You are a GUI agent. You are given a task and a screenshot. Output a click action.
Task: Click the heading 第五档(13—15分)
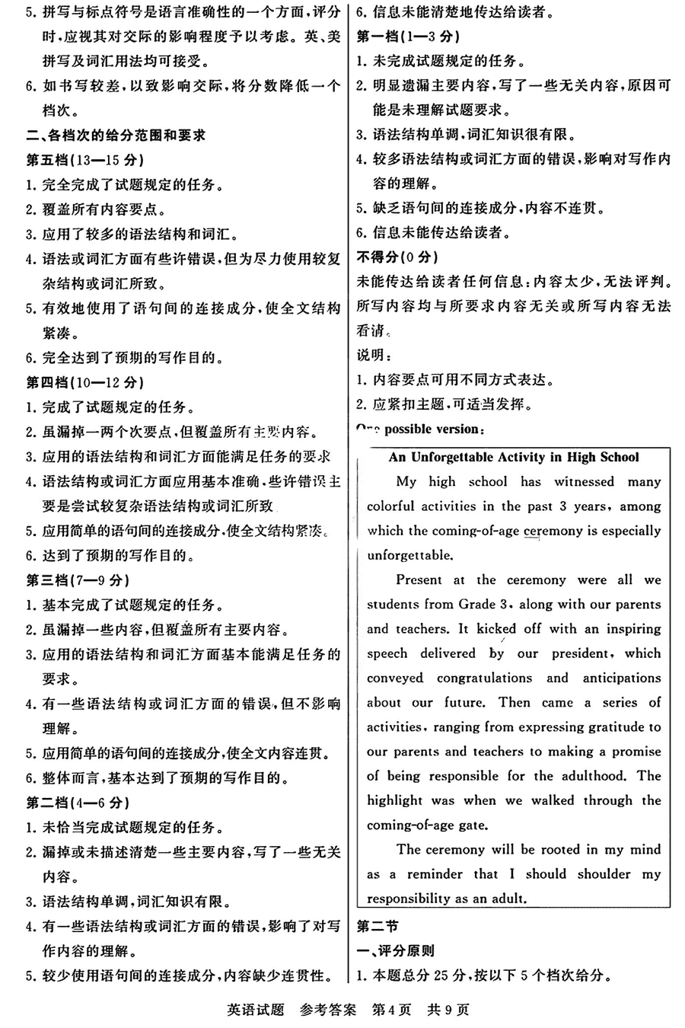coord(84,160)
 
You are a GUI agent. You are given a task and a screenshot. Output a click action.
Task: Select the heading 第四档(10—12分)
coord(84,382)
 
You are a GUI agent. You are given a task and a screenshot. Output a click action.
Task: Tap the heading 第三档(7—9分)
coord(77,580)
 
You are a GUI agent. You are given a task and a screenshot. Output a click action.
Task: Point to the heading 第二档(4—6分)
coord(77,803)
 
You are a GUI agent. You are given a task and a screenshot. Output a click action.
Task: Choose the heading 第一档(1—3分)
coord(408,37)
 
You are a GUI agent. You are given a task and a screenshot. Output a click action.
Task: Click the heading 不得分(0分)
coord(397,257)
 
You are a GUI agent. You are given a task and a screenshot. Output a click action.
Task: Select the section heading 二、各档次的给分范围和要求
coord(116,136)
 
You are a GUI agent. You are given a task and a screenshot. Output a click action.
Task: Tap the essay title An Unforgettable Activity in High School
coord(514,457)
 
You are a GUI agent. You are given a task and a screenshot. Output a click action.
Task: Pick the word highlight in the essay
coord(394,800)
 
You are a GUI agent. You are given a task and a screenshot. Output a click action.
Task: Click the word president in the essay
coord(580,653)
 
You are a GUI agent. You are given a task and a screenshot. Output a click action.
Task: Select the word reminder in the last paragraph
coord(435,873)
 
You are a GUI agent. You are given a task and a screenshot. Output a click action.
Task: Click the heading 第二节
coord(378,926)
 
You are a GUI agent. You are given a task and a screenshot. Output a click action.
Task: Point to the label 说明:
coord(374,356)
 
